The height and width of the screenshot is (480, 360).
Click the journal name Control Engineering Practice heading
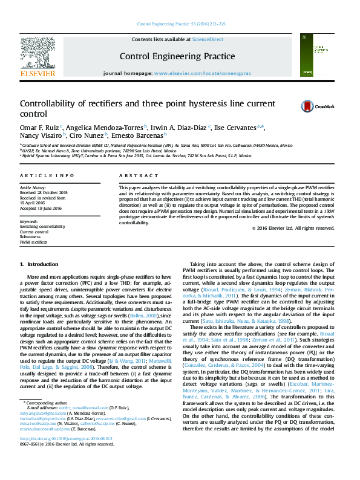[177, 57]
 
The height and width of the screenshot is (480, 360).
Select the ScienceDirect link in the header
[208, 39]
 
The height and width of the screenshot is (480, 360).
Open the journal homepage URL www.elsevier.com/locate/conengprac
[203, 73]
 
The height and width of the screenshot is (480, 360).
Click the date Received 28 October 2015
[44, 193]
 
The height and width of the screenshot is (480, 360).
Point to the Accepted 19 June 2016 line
[41, 207]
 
